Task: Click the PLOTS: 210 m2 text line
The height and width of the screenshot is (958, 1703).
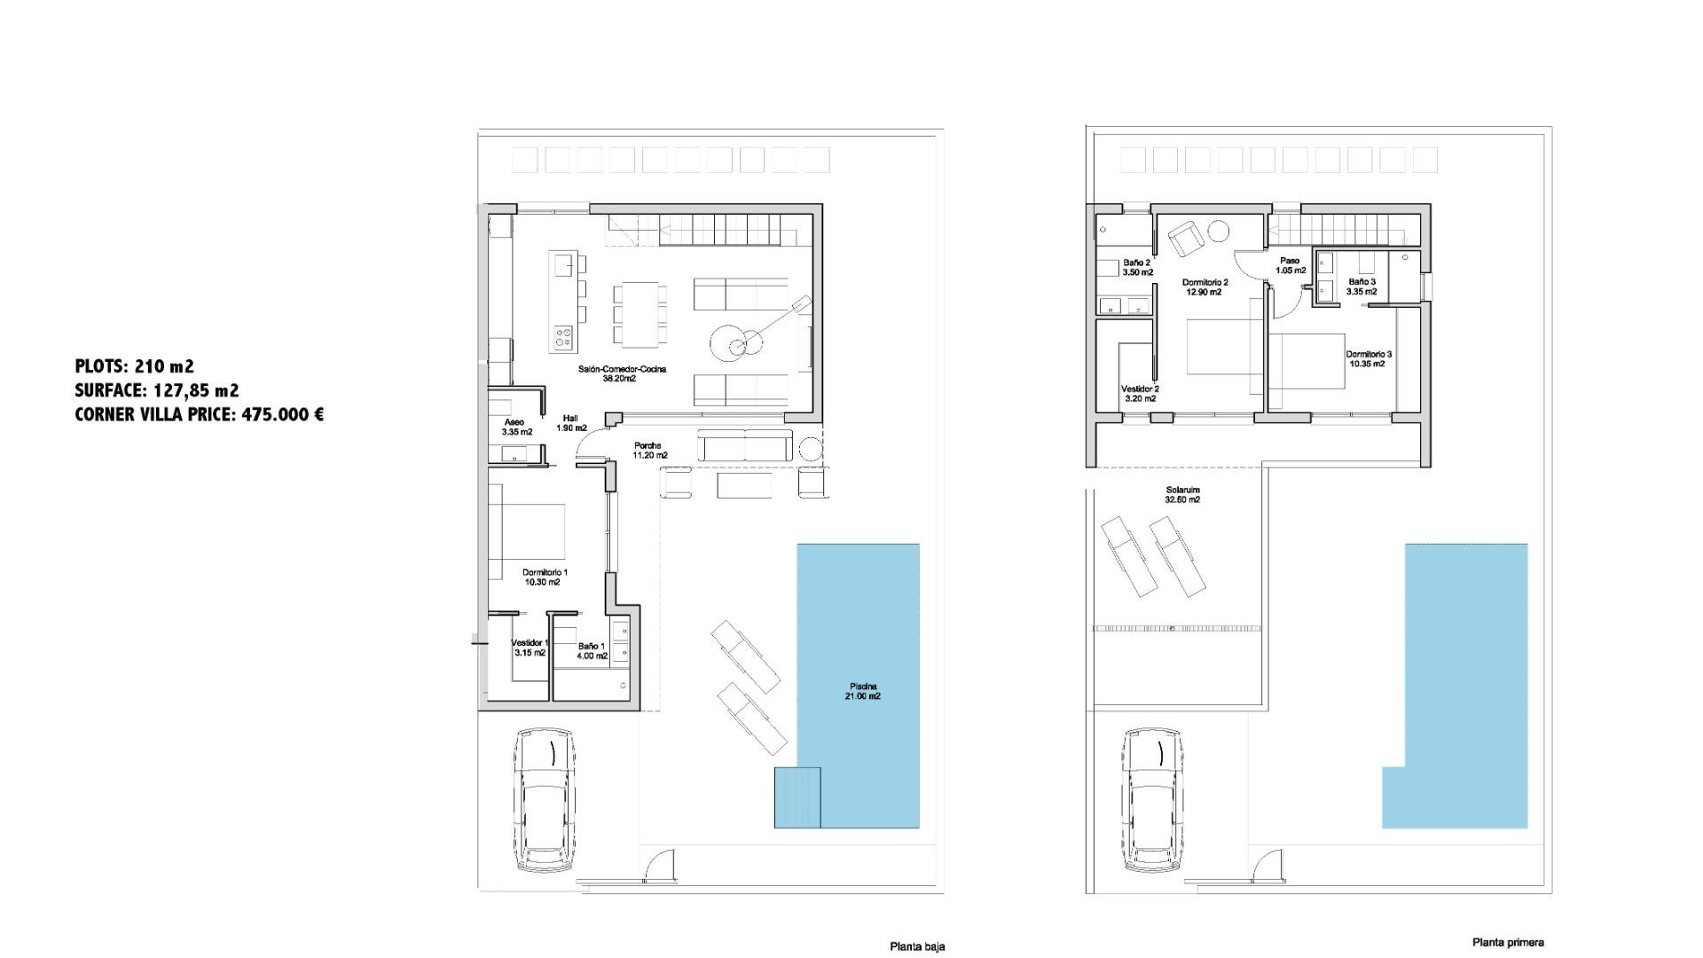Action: pos(134,365)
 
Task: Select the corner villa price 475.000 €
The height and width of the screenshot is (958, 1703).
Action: pos(199,414)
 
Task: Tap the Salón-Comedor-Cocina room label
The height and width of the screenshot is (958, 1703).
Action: pos(622,373)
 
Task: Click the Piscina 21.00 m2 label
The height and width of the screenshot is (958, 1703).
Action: pos(862,691)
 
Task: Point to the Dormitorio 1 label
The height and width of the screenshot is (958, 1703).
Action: pos(544,577)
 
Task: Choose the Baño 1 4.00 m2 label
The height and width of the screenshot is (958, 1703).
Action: pos(592,651)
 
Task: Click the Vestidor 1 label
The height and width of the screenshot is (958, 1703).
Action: pos(530,648)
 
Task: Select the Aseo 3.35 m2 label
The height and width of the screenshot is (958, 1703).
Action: pos(515,427)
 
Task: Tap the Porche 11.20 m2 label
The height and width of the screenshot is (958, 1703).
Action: pos(648,451)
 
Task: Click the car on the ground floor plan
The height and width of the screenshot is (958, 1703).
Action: pos(545,798)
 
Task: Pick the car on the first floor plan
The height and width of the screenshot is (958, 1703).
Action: pos(1152,798)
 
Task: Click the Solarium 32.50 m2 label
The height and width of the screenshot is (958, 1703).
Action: pos(1182,495)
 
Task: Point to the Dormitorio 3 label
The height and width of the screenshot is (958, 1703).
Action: pos(1369,358)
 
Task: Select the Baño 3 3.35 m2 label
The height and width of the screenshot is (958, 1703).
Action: pos(1362,286)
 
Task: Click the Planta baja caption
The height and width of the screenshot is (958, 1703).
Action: pos(917,946)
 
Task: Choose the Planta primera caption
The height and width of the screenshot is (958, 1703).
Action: pos(1508,942)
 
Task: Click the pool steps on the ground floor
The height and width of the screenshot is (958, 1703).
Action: pos(797,797)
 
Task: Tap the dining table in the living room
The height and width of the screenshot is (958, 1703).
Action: pos(640,314)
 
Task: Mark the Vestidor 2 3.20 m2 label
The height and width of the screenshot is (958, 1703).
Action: pos(1140,393)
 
